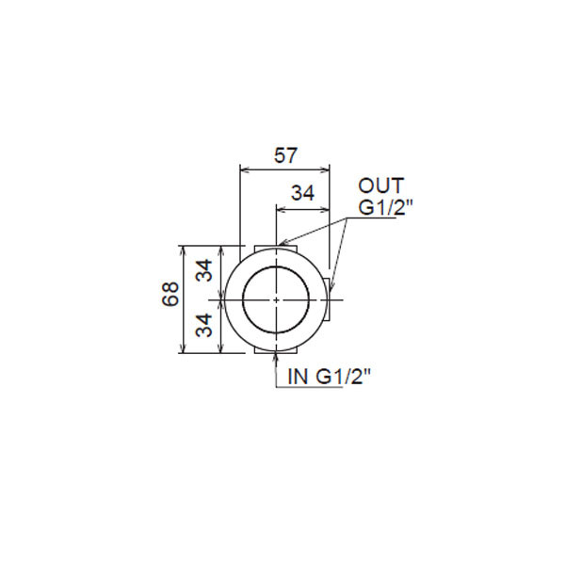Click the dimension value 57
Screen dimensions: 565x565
[x=285, y=155]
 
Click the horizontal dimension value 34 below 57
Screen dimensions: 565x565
[x=302, y=193]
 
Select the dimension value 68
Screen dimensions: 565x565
[x=170, y=294]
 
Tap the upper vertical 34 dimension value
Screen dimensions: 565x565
[x=204, y=270]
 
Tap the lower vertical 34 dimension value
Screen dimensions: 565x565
[x=204, y=325]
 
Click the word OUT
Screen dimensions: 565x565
[x=380, y=186]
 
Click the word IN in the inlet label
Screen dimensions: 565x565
[x=298, y=377]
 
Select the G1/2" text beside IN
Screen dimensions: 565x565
[x=344, y=377]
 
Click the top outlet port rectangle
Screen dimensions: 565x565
[x=276, y=250]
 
